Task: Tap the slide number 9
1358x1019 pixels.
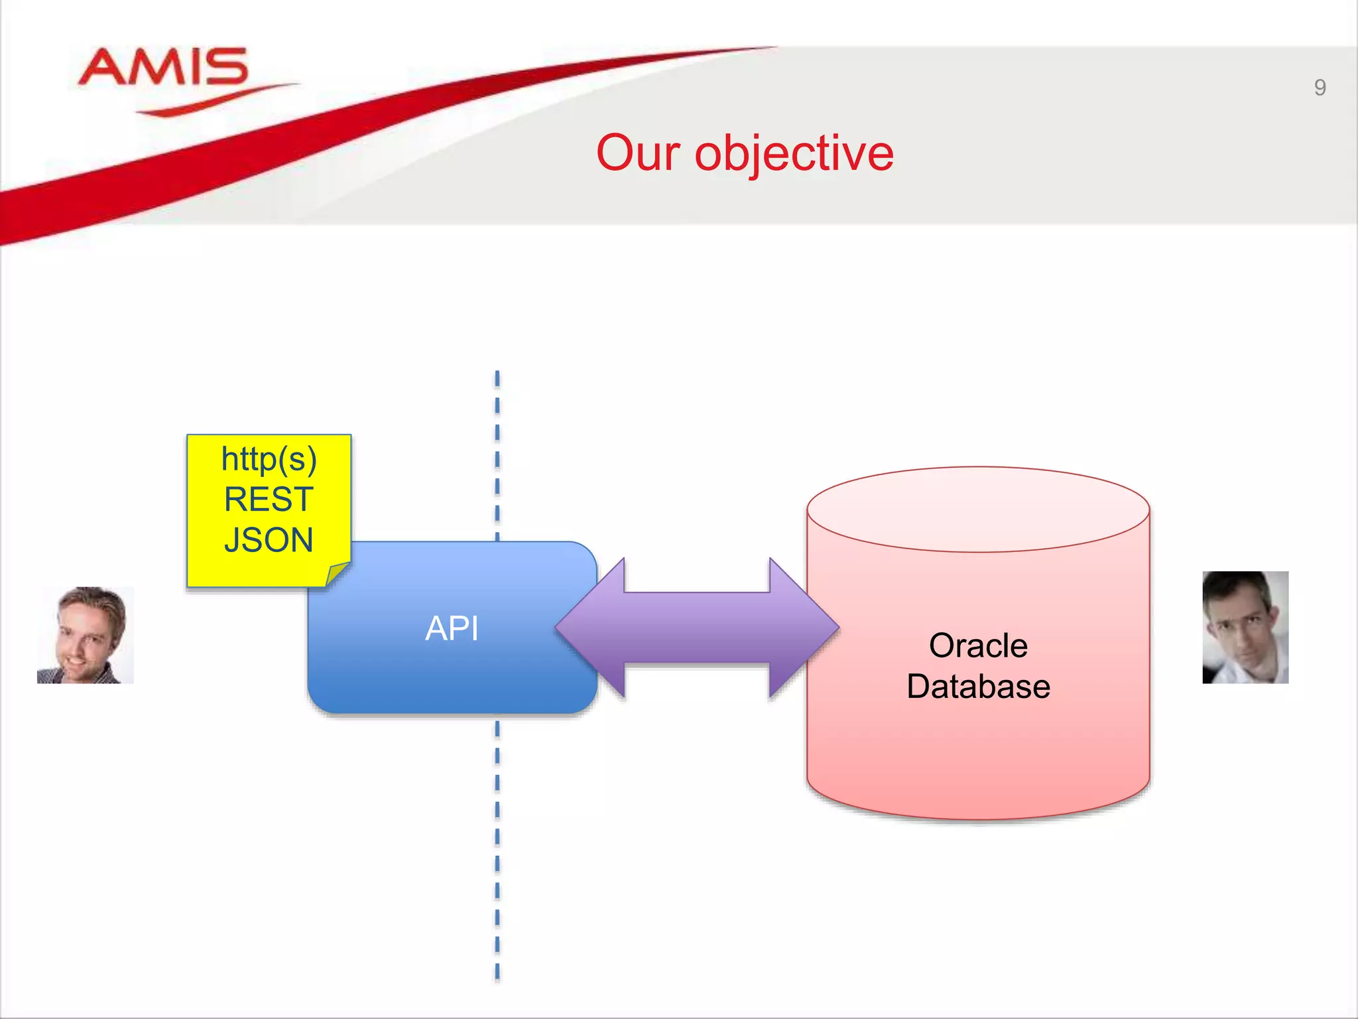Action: [x=1320, y=88]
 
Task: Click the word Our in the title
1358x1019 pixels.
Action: [x=637, y=153]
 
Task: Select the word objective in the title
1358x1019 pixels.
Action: [x=794, y=154]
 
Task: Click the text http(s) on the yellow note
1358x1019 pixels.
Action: [x=269, y=459]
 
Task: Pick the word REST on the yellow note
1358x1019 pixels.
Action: [x=269, y=500]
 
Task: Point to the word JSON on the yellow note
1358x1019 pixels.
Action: [x=269, y=540]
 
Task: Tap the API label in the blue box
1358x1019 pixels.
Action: [x=452, y=628]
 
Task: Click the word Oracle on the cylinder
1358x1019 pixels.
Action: [x=978, y=645]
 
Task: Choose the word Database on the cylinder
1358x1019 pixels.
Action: [x=978, y=687]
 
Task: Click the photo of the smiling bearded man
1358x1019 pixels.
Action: [x=86, y=635]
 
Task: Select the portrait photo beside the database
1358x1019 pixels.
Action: [x=1245, y=628]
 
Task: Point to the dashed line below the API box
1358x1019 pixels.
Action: [x=497, y=849]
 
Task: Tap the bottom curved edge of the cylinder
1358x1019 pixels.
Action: [x=978, y=817]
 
